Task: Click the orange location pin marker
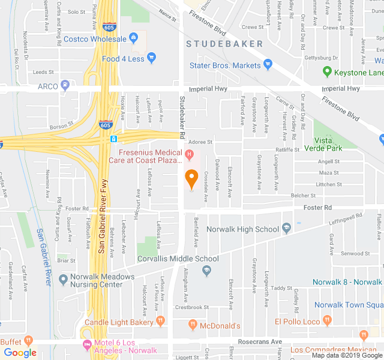(x=191, y=178)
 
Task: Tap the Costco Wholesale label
(x=104, y=39)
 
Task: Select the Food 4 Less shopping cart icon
(x=152, y=59)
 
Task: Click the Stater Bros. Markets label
(x=225, y=65)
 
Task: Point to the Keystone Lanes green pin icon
(x=327, y=72)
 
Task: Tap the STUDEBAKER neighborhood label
(x=224, y=44)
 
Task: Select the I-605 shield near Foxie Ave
(x=106, y=125)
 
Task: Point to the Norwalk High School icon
(x=287, y=229)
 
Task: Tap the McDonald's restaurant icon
(x=193, y=325)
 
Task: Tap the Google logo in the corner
(x=20, y=353)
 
